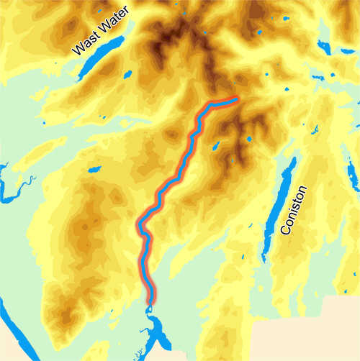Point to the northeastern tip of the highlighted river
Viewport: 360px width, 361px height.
point(235,99)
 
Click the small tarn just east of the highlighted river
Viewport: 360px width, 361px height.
point(215,146)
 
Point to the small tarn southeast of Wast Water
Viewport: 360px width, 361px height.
point(127,73)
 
